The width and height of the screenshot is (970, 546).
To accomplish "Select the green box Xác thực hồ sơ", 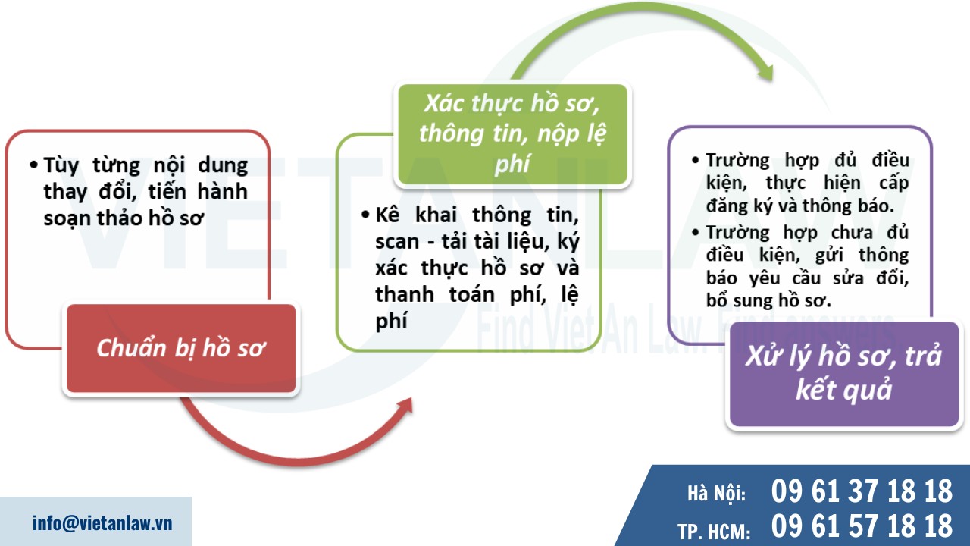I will click(x=512, y=134).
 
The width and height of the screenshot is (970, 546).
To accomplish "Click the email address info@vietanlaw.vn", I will click(x=102, y=522).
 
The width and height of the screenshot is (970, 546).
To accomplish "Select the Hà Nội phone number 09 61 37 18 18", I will click(x=862, y=492).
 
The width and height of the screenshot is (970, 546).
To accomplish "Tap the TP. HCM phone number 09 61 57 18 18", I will click(x=862, y=525).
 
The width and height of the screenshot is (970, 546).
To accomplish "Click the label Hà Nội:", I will click(x=716, y=494).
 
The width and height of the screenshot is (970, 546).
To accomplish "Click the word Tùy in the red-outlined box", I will click(x=61, y=166).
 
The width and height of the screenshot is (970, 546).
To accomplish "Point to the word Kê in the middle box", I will click(x=387, y=215).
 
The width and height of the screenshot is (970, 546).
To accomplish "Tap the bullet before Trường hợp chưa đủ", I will click(x=696, y=233).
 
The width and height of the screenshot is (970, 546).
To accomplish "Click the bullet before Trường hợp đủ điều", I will click(x=696, y=162).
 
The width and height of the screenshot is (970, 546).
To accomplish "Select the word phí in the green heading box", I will click(x=512, y=163).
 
